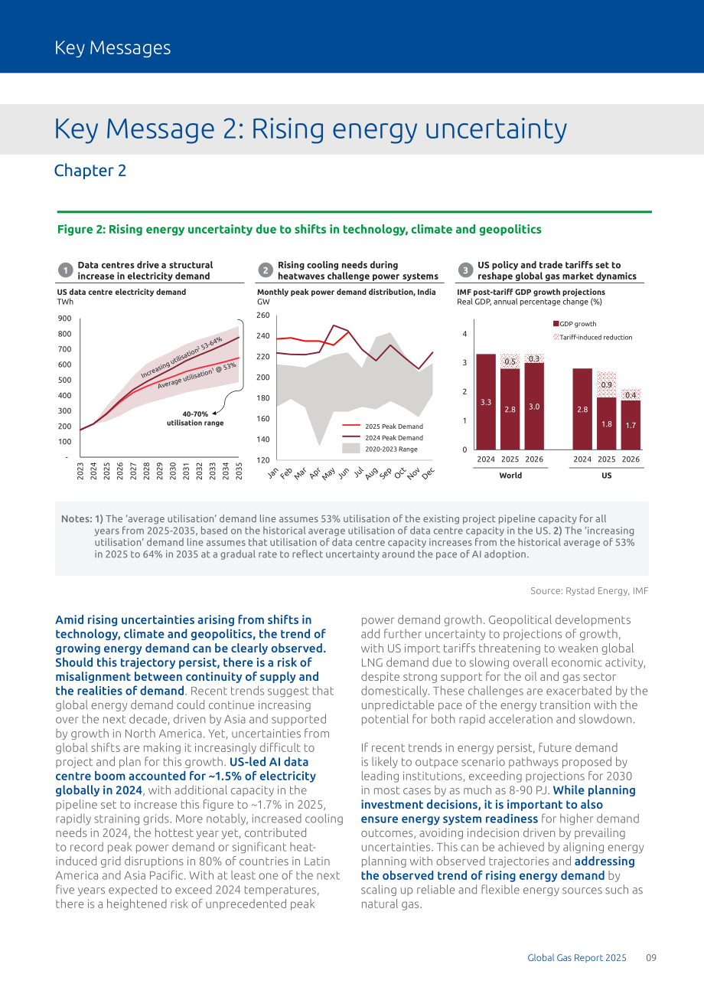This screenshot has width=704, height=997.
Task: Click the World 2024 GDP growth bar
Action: click(486, 401)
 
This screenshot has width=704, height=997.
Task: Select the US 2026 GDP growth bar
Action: click(631, 425)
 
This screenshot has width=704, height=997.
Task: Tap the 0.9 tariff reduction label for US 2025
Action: click(606, 384)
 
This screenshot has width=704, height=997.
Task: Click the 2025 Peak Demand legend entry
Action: click(383, 427)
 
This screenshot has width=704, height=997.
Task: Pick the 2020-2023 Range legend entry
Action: click(380, 449)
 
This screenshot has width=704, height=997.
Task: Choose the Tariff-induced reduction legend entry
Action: click(593, 338)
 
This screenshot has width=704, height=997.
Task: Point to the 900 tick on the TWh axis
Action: click(64, 319)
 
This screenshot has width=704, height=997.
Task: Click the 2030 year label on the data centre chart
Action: click(173, 471)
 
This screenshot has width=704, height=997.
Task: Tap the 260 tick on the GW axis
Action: click(263, 315)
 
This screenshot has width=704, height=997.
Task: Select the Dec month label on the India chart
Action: click(428, 473)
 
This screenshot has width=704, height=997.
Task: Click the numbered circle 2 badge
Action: click(266, 270)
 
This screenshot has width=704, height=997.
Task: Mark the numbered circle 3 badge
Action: click(465, 270)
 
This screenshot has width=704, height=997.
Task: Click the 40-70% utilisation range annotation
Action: click(195, 418)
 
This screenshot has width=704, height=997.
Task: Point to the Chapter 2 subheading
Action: click(90, 171)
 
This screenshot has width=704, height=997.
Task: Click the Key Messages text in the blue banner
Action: click(112, 47)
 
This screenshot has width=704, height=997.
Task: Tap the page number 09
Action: click(651, 957)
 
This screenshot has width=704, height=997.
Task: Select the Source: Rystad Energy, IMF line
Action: click(589, 590)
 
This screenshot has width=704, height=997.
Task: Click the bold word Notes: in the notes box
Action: click(77, 518)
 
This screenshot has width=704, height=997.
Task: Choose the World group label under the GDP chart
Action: click(510, 476)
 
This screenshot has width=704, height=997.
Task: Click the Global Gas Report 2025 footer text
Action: click(577, 957)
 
